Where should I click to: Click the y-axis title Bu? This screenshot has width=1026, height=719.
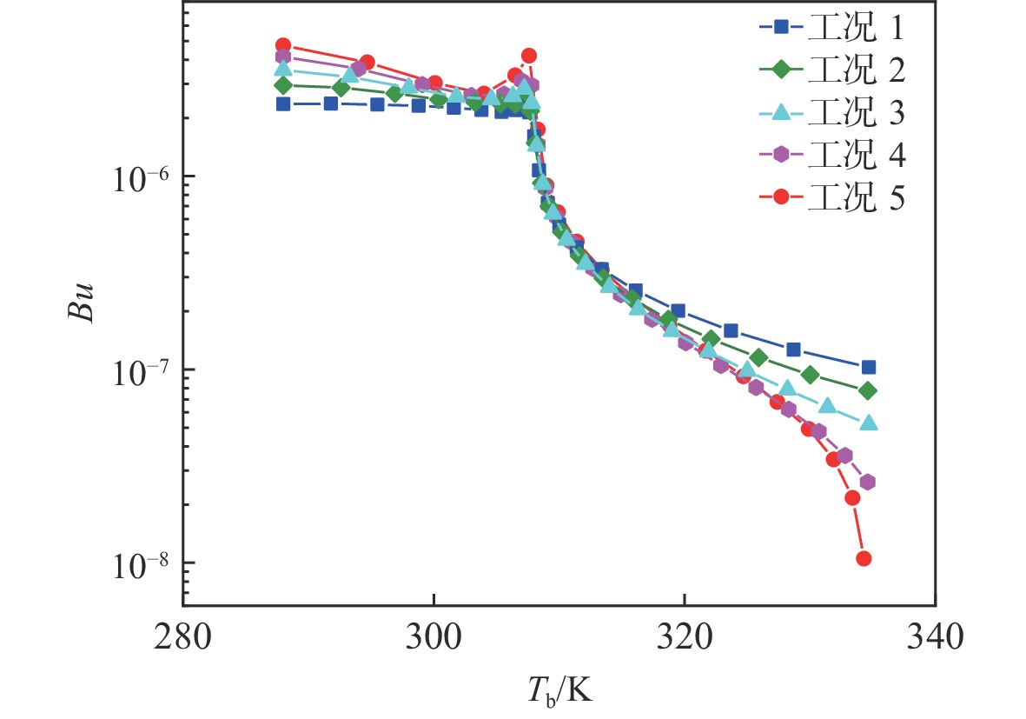80,297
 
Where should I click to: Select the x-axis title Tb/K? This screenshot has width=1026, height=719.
559,692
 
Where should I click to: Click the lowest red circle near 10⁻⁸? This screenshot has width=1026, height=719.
864,558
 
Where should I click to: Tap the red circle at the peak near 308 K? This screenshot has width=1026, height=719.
529,56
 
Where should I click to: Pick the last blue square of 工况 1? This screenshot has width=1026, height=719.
868,367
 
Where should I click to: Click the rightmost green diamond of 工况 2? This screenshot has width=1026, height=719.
868,391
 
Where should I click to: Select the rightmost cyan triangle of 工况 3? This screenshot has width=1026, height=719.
869,423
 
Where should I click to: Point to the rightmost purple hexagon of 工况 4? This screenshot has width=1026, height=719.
867,483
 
